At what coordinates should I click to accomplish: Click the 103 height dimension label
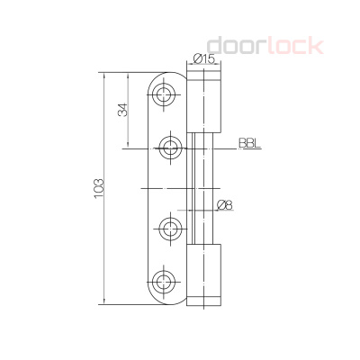click(98, 188)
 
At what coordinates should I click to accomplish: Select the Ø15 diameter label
click(203, 59)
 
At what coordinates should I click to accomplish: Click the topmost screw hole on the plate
click(166, 94)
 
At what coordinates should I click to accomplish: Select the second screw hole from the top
click(168, 146)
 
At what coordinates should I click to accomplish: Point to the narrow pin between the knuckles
click(204, 187)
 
